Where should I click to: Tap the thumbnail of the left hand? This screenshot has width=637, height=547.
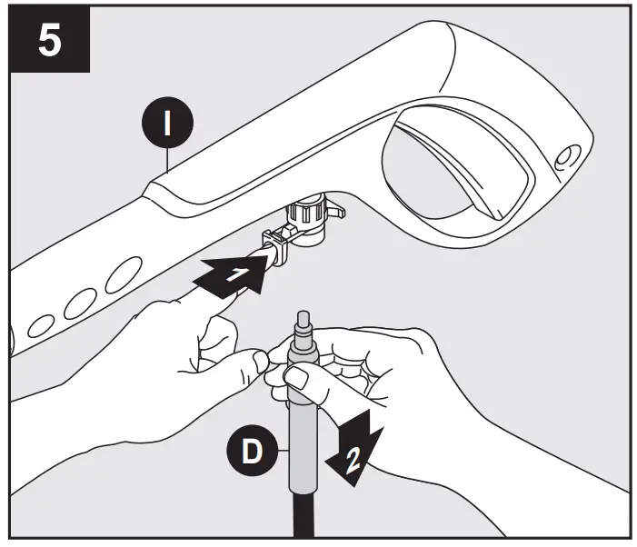click(x=260, y=363)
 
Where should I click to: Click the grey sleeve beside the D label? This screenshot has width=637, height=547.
click(x=303, y=445)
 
